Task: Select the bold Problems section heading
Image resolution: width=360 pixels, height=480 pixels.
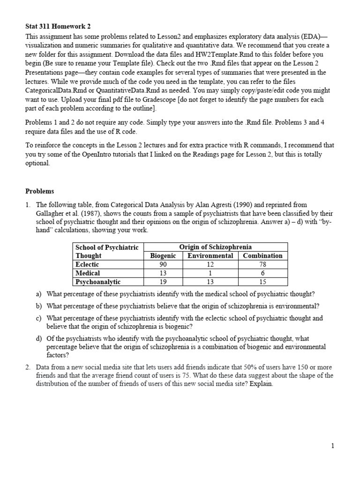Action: click(x=40, y=191)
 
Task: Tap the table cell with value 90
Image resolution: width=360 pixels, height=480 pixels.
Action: click(x=163, y=264)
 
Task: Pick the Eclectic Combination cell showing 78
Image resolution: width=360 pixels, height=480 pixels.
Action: click(x=262, y=264)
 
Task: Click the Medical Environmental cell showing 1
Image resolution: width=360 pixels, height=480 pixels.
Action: click(x=210, y=273)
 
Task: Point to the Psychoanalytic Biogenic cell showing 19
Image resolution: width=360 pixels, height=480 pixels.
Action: click(x=163, y=282)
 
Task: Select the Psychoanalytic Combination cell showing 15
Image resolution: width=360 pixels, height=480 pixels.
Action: click(x=262, y=282)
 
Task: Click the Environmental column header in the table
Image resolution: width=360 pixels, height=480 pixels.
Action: click(x=210, y=256)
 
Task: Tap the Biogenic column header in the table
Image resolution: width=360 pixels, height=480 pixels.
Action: click(x=163, y=256)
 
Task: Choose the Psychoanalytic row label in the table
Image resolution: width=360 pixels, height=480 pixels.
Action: click(x=98, y=282)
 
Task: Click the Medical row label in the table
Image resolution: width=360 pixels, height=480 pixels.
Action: click(x=88, y=273)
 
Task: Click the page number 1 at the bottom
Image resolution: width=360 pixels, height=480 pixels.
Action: click(x=332, y=446)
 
